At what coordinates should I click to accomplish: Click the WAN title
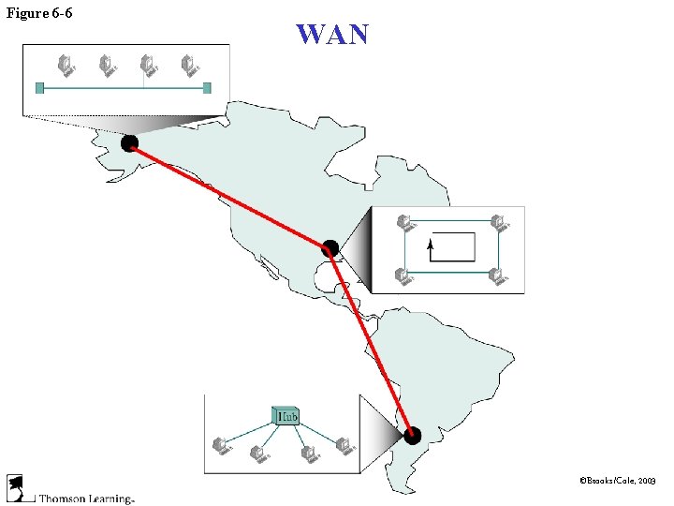point(332,35)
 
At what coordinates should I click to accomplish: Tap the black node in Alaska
point(129,143)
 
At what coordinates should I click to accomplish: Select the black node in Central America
point(330,248)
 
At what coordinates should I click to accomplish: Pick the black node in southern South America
point(412,435)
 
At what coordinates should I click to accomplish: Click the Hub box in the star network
point(286,415)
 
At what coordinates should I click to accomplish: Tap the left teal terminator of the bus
point(39,88)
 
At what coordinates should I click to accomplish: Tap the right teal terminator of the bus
point(207,88)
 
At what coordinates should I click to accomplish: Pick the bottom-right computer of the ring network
point(499,276)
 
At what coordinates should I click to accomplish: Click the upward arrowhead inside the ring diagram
point(431,244)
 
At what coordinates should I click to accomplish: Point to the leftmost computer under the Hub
point(222,446)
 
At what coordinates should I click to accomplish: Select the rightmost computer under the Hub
point(343,446)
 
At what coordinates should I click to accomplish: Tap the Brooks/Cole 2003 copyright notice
point(618,480)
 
